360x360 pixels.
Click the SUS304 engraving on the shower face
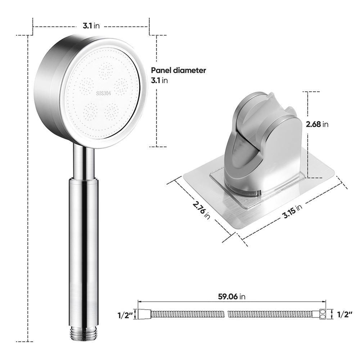pyautogui.click(x=104, y=93)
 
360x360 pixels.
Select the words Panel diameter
pyautogui.click(x=179, y=70)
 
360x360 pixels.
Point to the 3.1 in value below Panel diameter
pyautogui.click(x=159, y=80)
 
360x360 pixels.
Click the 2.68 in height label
pyautogui.click(x=317, y=124)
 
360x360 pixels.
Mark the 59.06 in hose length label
pyautogui.click(x=232, y=297)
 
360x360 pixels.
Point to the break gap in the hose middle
pyautogui.click(x=225, y=314)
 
